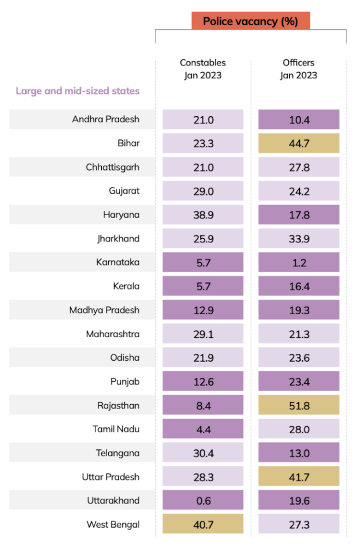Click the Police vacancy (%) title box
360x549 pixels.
coord(251,21)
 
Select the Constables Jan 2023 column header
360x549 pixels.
coord(202,69)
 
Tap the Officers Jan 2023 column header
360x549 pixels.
coord(298,69)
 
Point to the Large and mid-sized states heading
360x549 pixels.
coord(78,91)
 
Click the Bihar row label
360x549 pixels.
coord(129,143)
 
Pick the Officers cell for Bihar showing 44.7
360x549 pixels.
coord(299,143)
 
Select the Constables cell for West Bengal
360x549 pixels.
coord(203,524)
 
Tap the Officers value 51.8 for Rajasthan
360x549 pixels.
coord(299,405)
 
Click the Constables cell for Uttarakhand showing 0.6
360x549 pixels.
coord(203,500)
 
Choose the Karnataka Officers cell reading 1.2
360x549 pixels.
coord(299,262)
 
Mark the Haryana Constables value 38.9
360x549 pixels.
coord(203,214)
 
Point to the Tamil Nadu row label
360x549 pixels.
coord(116,429)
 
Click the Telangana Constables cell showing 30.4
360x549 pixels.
coord(203,453)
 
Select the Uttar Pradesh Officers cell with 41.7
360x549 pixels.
coord(299,477)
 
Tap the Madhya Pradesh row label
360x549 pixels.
coord(104,310)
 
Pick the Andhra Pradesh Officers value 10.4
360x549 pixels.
coord(299,120)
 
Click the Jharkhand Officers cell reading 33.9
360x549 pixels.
coord(299,239)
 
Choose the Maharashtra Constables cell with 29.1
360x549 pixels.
coord(203,334)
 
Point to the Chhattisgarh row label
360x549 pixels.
coord(112,167)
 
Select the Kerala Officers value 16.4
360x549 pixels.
coord(299,286)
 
